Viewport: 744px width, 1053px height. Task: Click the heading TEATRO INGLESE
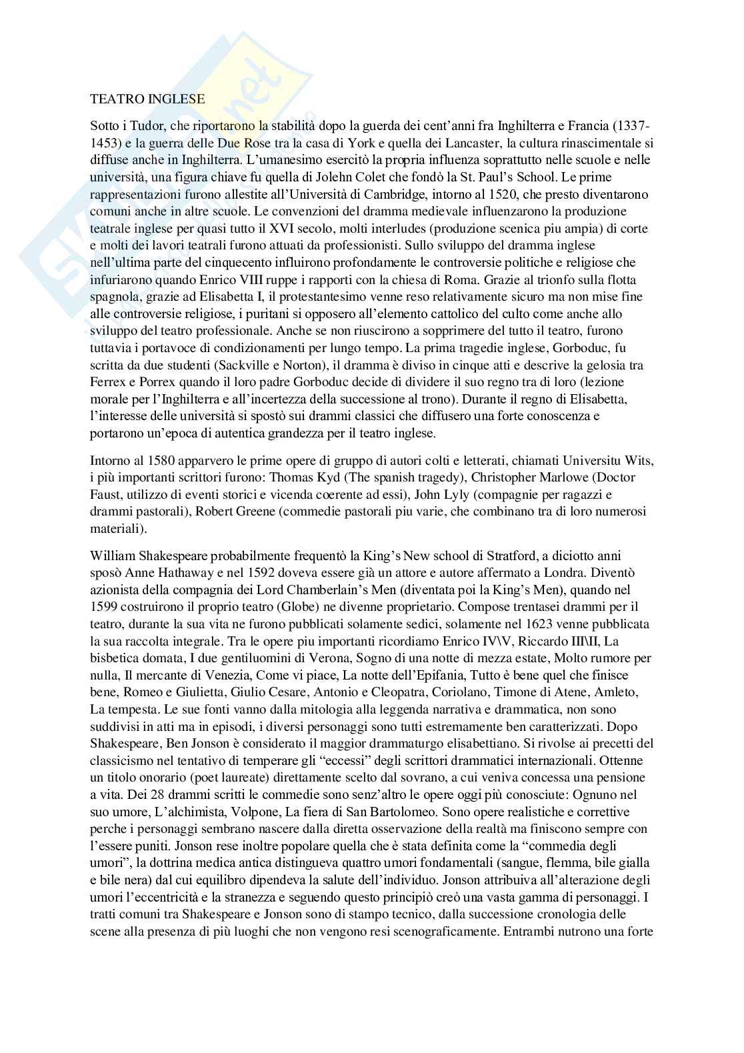(x=147, y=99)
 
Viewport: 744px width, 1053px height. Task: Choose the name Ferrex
(x=108, y=383)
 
